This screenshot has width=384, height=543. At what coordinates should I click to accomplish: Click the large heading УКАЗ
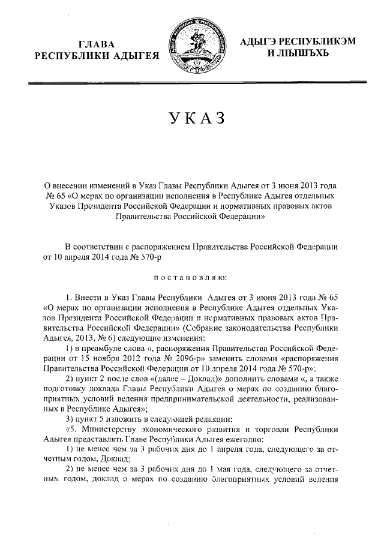[192, 119]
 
